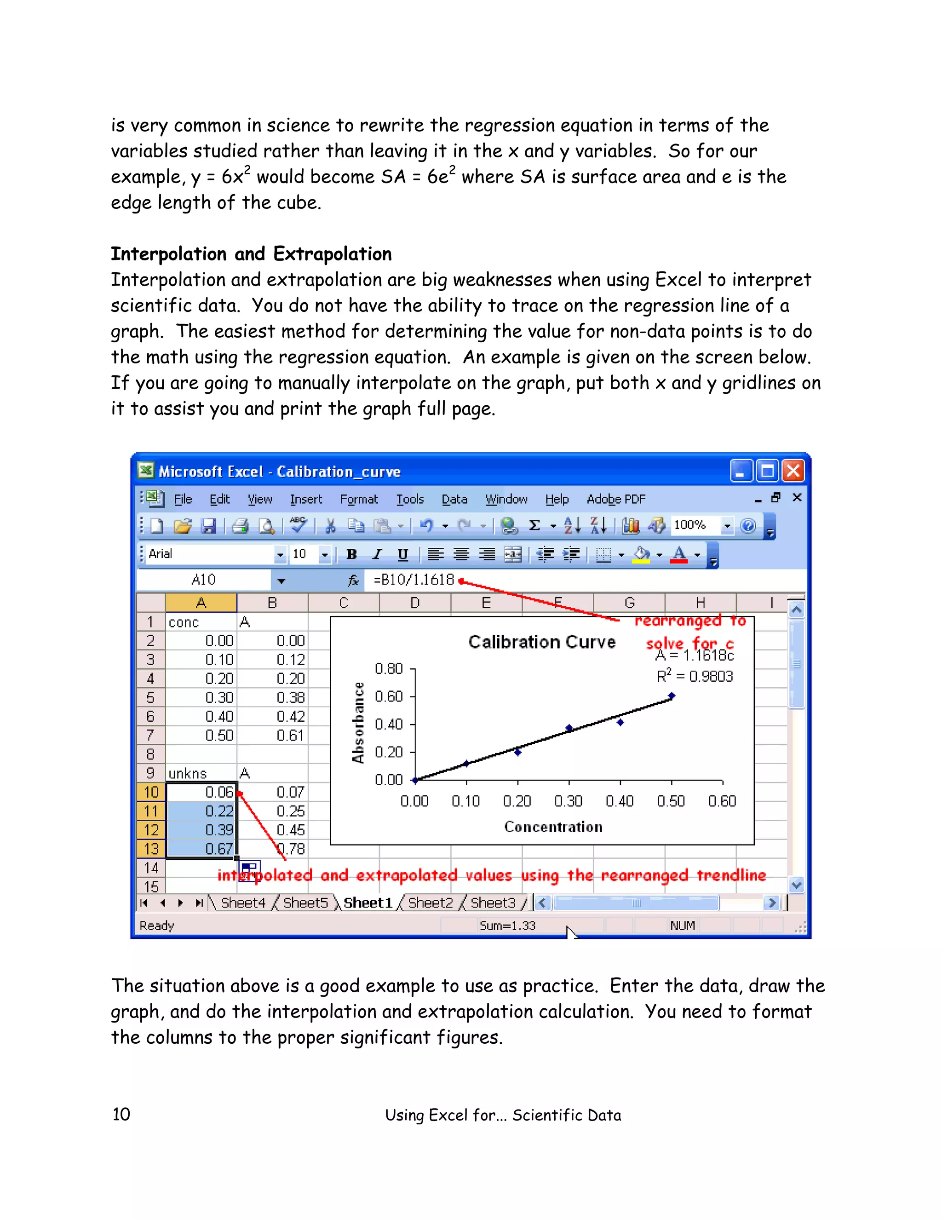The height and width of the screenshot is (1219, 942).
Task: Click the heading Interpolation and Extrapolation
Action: click(251, 254)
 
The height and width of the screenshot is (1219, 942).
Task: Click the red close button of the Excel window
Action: click(793, 471)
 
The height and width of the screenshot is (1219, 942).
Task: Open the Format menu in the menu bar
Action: click(359, 499)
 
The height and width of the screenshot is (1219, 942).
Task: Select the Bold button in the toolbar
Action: click(351, 554)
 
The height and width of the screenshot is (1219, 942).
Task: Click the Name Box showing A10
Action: click(204, 580)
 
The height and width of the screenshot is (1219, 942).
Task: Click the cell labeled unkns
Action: click(188, 774)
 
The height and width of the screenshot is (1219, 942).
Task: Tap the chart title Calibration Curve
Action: click(542, 642)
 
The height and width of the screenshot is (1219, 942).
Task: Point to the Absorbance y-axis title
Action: click(358, 722)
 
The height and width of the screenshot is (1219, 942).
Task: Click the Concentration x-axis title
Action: click(553, 827)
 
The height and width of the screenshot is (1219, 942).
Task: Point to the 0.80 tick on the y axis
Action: click(389, 669)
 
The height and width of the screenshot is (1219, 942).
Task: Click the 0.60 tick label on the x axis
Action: click(722, 801)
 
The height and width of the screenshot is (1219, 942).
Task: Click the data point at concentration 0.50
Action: click(672, 696)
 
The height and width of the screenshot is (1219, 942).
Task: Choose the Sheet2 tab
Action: click(430, 903)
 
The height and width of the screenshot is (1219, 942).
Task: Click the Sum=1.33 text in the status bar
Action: click(507, 926)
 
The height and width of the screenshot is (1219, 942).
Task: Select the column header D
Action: click(414, 603)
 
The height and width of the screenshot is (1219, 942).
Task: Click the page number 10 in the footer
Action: click(121, 1114)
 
